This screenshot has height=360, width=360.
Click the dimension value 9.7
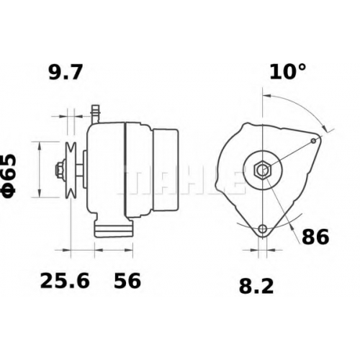tap(66, 72)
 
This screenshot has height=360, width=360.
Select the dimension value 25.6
tap(65, 281)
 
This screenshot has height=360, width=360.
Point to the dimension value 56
tap(127, 281)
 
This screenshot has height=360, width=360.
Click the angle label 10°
tap(288, 71)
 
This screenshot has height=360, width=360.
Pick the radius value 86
tap(315, 236)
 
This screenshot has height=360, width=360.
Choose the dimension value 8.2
tap(256, 287)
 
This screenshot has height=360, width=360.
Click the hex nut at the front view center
tap(263, 170)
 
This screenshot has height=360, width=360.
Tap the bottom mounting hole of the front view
tap(263, 228)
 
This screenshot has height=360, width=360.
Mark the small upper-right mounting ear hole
tap(313, 140)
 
